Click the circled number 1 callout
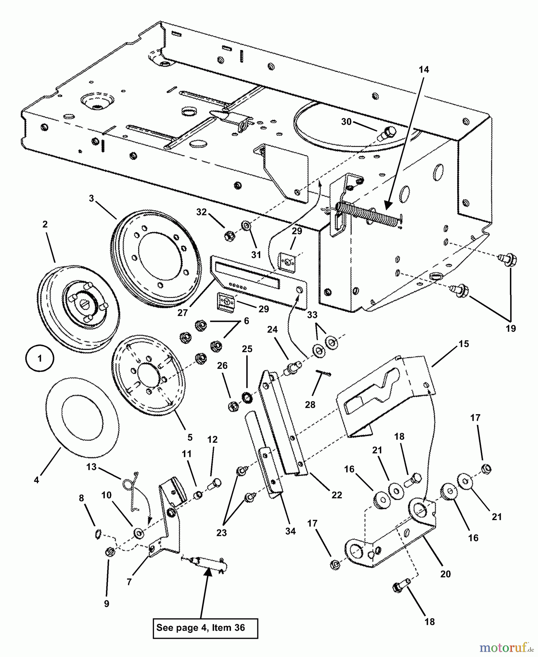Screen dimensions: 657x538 [39, 358]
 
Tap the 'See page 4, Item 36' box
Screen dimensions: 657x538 [205, 628]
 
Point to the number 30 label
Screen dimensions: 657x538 [346, 122]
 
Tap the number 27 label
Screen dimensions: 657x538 [182, 312]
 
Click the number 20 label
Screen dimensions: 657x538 [446, 574]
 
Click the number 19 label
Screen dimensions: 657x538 [511, 328]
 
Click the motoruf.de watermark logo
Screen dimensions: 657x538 [506, 648]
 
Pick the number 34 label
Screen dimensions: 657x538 [290, 531]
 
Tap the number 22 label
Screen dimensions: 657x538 [337, 495]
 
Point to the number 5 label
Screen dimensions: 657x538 [190, 437]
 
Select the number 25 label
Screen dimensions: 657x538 [247, 349]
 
